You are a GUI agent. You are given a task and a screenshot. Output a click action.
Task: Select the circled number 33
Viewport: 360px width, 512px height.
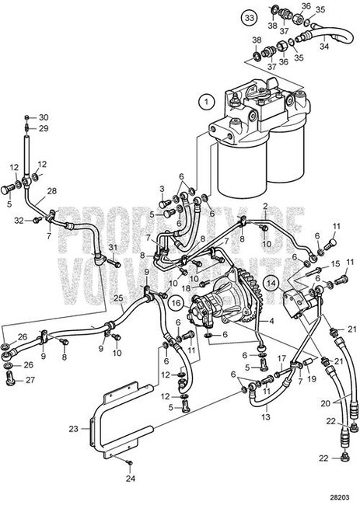(248, 16)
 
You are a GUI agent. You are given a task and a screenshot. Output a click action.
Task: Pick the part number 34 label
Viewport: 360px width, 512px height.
(325, 47)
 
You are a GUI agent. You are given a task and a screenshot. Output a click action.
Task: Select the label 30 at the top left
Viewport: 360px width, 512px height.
(44, 117)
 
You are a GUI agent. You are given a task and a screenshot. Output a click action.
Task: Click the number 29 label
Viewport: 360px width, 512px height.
(44, 128)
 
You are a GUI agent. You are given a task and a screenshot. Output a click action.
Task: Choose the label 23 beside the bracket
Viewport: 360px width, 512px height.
(73, 427)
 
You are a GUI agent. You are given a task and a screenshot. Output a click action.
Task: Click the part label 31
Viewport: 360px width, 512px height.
(112, 247)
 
